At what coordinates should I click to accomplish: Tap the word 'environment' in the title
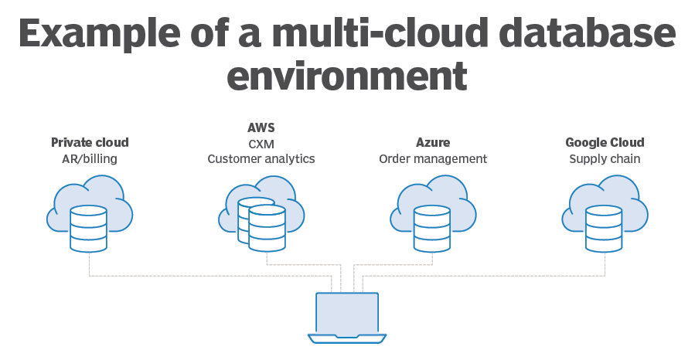348,78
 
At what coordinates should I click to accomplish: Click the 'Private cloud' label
90,143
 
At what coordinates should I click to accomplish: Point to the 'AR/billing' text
90,159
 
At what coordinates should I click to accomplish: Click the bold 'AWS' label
261,127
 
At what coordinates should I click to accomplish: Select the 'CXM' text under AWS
261,143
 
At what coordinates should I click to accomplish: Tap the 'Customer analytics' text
261,159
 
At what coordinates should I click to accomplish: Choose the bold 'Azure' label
433,143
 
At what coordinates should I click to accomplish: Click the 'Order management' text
433,159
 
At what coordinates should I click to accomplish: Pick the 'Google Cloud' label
605,143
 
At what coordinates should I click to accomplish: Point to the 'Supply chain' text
605,159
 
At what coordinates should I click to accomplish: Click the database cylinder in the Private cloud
88,228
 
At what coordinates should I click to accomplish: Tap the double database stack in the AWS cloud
261,224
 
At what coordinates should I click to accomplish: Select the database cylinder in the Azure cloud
432,228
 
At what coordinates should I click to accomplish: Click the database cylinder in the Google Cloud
604,228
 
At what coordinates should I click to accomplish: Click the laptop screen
347,312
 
